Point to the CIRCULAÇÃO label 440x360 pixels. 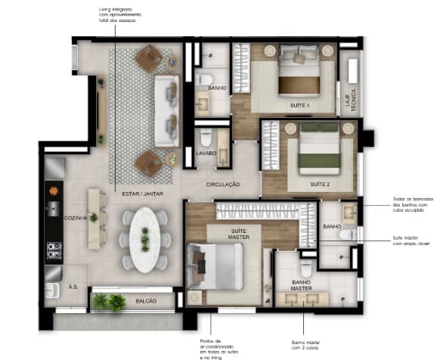point(223,184)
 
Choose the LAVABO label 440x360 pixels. point(206,153)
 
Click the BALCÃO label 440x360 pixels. point(147,301)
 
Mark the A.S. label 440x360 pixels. point(73,287)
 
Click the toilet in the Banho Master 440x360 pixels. point(306,268)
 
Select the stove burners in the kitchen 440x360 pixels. point(54,249)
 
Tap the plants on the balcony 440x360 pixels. point(108,302)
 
